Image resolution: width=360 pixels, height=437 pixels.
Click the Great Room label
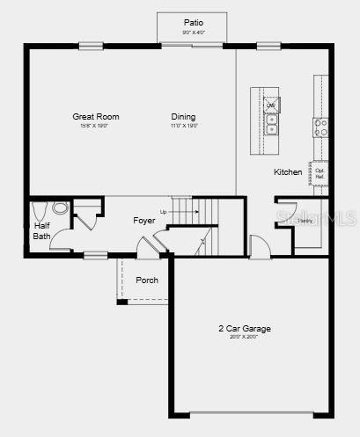[96, 117]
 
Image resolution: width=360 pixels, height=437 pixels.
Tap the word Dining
[184, 117]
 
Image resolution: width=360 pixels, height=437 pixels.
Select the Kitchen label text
[288, 172]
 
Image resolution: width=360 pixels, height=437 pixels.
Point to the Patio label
[192, 23]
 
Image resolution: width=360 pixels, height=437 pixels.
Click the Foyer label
[144, 220]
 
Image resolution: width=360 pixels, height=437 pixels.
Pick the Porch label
[147, 280]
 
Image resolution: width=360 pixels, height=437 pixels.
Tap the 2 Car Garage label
[245, 329]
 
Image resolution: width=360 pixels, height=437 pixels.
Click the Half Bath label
[41, 230]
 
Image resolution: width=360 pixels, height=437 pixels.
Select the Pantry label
[305, 220]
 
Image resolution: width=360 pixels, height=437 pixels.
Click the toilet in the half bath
[39, 212]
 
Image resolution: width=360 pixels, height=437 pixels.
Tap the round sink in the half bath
[60, 208]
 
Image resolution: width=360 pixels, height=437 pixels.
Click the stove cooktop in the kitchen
[321, 127]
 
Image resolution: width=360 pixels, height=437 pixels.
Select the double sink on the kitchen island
[271, 124]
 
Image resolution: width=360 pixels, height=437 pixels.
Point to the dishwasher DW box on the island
[270, 105]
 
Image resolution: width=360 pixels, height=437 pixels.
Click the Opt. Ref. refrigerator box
[320, 173]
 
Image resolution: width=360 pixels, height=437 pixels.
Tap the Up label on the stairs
[164, 212]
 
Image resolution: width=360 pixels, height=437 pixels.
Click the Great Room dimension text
[96, 126]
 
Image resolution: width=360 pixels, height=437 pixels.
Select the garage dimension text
[245, 337]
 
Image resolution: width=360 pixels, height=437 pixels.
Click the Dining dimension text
[184, 126]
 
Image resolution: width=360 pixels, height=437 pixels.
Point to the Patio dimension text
[192, 33]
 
